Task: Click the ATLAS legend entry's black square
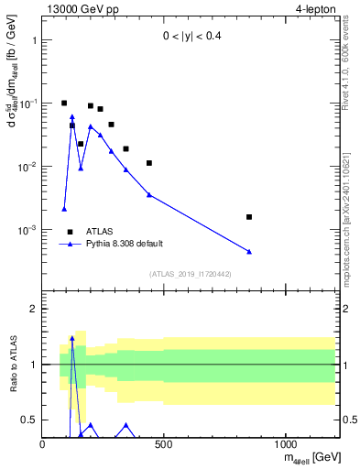[x=70, y=232]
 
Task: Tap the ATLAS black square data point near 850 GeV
[x=249, y=217]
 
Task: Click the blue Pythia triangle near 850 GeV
[x=249, y=252]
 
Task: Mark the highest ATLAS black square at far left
[x=64, y=104]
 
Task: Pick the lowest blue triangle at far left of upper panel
[x=64, y=209]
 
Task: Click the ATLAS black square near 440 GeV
[x=149, y=163]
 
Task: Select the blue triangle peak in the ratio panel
[x=72, y=338]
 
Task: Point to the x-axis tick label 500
[x=164, y=444]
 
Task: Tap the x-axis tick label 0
[x=43, y=444]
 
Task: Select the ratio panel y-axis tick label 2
[x=32, y=309]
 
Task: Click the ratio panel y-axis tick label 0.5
[x=27, y=420]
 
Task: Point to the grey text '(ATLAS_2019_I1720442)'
[x=191, y=274]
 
